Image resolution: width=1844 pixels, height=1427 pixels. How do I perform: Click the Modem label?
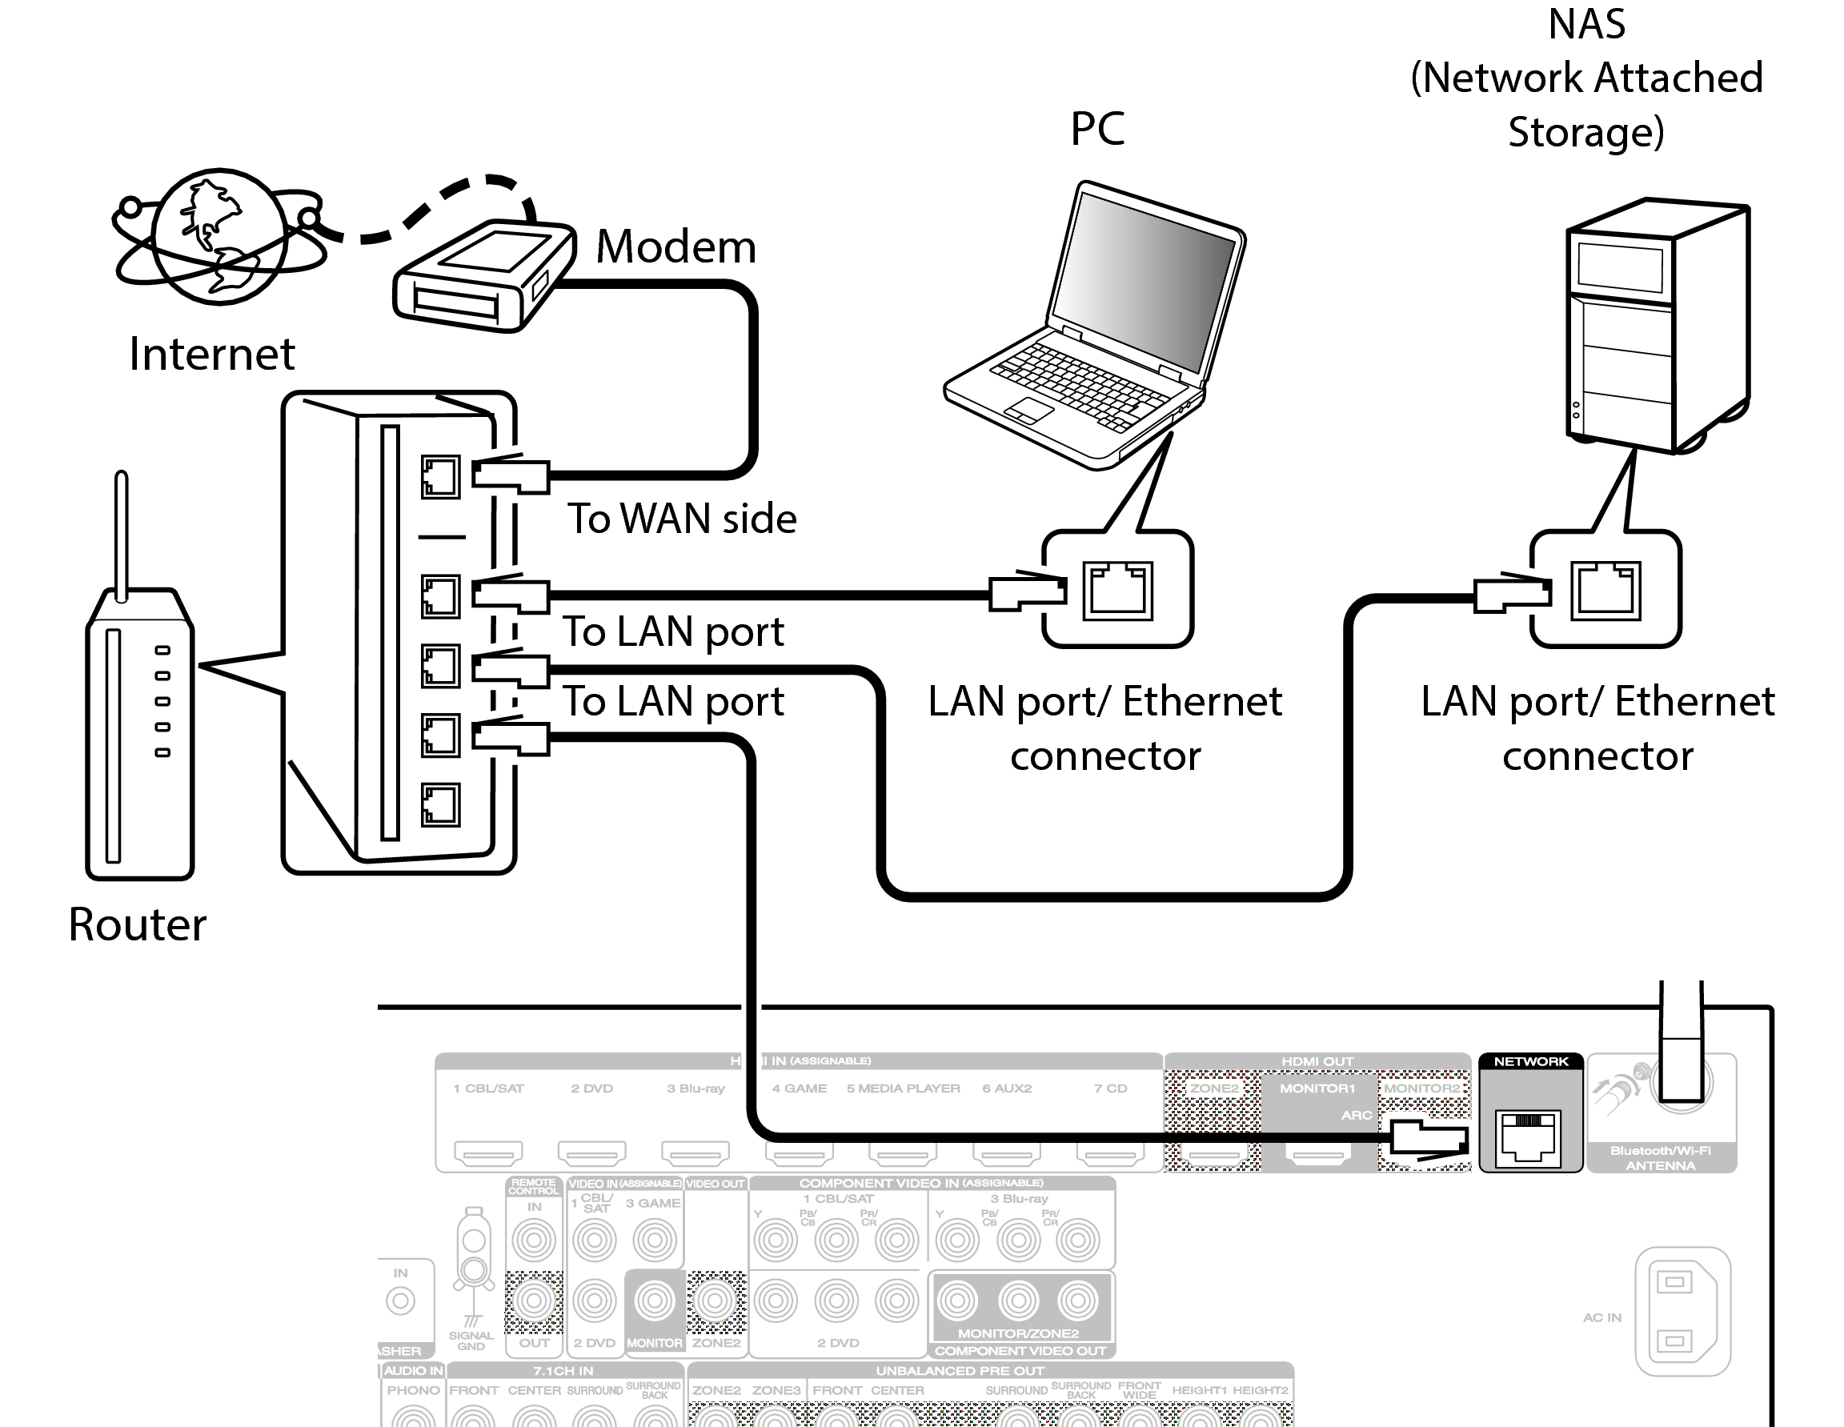click(675, 247)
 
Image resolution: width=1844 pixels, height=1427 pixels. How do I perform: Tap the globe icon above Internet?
click(219, 235)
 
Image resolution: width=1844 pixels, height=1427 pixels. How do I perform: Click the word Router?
click(137, 924)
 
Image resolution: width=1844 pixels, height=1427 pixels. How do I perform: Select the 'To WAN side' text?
click(681, 519)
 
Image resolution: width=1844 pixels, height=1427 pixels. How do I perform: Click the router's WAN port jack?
click(440, 477)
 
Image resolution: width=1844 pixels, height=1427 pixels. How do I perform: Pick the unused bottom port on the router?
click(440, 804)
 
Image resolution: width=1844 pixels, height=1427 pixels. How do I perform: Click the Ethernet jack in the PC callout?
click(1118, 590)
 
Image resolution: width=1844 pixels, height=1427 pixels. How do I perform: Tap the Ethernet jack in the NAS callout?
click(1605, 590)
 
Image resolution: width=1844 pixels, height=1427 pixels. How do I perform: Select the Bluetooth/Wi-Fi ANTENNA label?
click(1660, 1157)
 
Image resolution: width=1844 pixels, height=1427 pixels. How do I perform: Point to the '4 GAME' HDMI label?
click(799, 1088)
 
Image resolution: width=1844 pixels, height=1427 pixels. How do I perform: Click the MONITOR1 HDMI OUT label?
click(1317, 1088)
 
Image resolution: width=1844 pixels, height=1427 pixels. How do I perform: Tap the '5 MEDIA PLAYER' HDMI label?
click(903, 1088)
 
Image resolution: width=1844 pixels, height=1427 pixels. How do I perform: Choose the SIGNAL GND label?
click(471, 1340)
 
